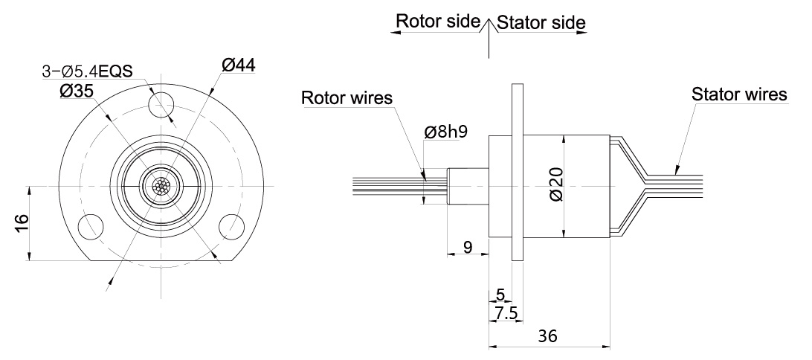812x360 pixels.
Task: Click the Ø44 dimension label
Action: click(239, 65)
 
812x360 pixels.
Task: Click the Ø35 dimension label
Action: click(77, 91)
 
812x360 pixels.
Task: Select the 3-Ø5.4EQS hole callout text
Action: click(86, 72)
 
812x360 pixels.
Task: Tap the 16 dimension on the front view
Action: click(21, 222)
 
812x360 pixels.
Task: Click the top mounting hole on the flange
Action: click(161, 104)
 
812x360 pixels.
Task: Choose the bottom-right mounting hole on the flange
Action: click(231, 226)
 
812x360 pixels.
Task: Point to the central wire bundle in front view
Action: click(161, 185)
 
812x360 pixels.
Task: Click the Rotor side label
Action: click(436, 22)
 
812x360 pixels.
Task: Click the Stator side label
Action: click(541, 22)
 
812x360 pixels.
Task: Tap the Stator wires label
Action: click(738, 94)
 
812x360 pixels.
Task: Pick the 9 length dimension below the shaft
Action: click(466, 246)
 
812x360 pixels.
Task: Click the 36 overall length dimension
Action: click(548, 335)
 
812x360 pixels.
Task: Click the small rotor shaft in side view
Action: click(466, 186)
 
